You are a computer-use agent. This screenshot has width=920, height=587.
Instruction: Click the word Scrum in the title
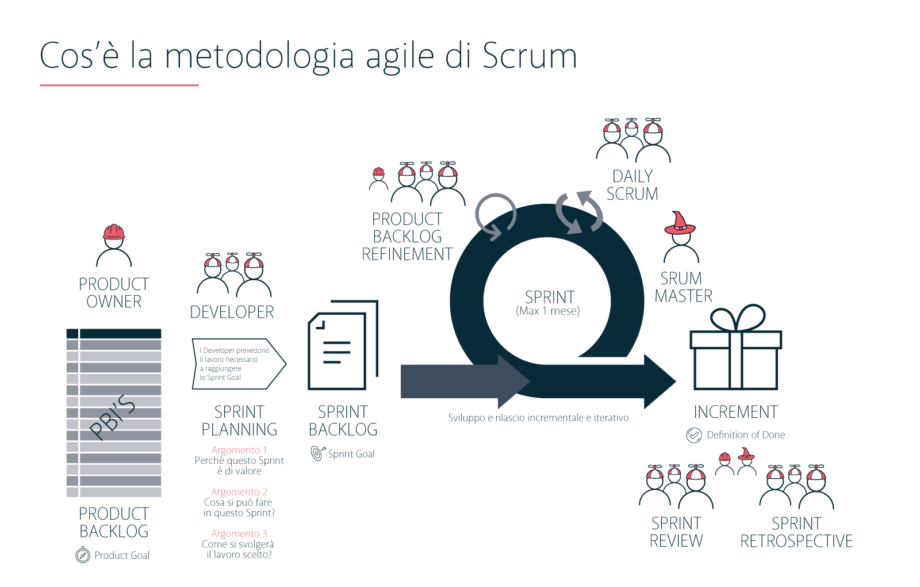[529, 56]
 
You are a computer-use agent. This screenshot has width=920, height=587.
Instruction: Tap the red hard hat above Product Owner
[114, 232]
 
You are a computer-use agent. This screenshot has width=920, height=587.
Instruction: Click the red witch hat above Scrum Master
[680, 223]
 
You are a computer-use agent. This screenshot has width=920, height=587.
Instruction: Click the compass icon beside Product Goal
[83, 555]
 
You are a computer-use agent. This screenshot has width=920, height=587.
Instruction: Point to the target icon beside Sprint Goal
[317, 453]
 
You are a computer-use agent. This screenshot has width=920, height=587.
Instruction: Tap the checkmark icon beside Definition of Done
[694, 435]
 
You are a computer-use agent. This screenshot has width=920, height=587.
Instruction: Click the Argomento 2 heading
[239, 492]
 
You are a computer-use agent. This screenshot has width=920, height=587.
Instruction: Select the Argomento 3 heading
[239, 534]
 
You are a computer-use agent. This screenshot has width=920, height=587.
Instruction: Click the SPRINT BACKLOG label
[343, 421]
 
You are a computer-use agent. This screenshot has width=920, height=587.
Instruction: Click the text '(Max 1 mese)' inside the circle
[547, 311]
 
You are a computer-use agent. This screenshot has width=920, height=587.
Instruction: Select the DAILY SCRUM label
[632, 185]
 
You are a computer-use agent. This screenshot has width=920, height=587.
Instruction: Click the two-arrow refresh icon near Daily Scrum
[579, 212]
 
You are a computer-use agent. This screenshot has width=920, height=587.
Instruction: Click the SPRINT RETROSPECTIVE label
[796, 532]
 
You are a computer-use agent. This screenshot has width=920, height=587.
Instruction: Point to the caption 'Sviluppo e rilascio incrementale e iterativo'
[538, 418]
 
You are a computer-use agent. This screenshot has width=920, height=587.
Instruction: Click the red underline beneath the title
[119, 85]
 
